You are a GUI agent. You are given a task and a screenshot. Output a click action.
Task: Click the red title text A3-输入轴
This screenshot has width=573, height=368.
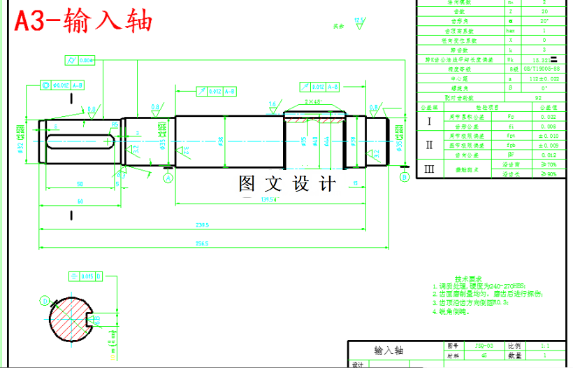point(83,22)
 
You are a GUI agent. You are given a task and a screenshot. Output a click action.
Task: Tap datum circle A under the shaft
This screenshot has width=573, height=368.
point(168,178)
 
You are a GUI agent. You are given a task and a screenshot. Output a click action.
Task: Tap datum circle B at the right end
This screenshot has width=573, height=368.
point(404,177)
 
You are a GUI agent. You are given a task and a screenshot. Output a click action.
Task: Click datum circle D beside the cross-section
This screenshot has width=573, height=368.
point(45,301)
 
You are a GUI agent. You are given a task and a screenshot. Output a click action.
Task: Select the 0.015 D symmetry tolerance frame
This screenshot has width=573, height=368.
point(85,276)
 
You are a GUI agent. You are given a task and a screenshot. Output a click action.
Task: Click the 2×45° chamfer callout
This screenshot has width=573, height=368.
point(314,101)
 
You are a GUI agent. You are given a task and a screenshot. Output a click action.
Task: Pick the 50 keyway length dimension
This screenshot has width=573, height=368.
point(80,184)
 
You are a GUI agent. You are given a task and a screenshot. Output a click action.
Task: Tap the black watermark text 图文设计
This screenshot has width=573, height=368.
point(287,184)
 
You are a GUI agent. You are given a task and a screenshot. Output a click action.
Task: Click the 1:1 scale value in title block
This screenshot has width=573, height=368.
point(545,346)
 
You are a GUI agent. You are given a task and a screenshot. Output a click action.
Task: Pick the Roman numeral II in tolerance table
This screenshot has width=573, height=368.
point(430,145)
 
